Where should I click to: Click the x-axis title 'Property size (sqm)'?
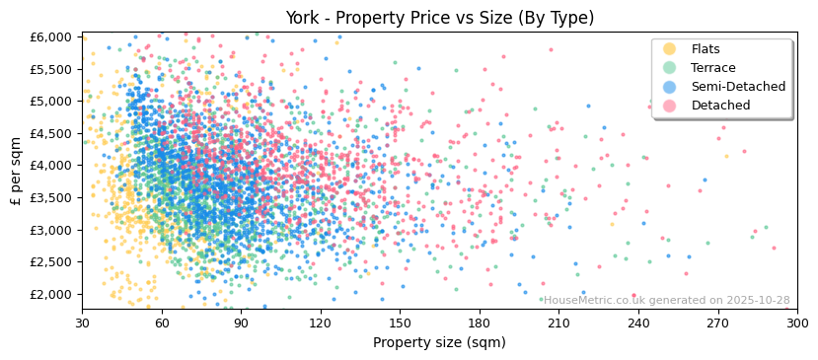tap(439, 342)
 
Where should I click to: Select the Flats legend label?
tap(706, 49)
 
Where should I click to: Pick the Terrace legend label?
tap(711, 68)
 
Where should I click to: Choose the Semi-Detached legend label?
tap(738, 87)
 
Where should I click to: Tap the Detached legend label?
tap(720, 106)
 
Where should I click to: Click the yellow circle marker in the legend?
tap(670, 49)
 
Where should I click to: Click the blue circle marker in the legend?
tap(670, 87)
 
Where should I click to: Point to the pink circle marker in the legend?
tap(670, 106)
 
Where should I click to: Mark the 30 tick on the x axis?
tap(83, 323)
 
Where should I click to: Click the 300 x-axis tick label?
tap(797, 323)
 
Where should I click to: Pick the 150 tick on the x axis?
tap(401, 323)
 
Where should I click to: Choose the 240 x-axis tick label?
tap(638, 323)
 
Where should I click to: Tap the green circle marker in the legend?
tap(670, 68)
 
